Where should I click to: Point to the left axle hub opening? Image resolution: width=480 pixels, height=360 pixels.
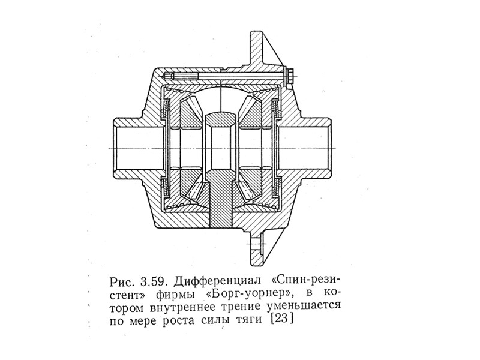tap(128, 147)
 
